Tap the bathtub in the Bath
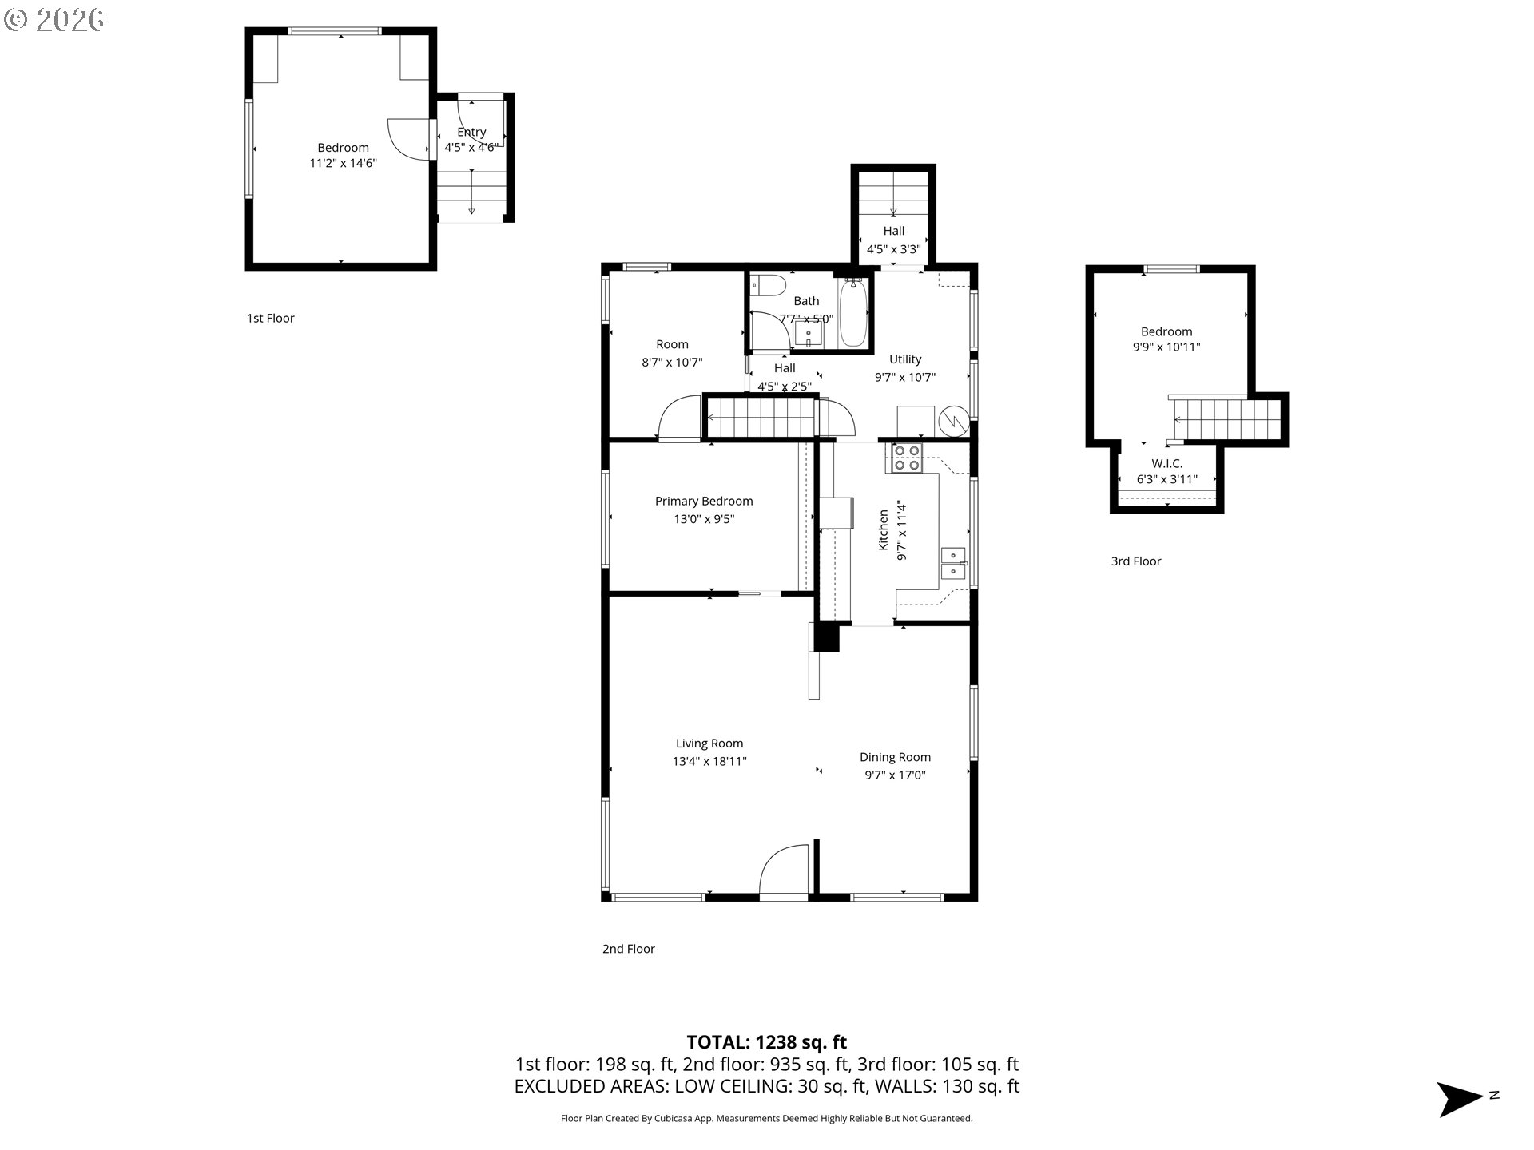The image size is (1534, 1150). pos(852,312)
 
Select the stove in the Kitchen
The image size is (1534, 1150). pos(907,458)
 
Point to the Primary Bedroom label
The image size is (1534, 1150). pos(704,502)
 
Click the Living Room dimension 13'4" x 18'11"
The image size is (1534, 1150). pos(709,761)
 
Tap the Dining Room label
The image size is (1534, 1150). pos(895,757)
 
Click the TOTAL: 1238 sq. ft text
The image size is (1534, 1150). pos(767,1042)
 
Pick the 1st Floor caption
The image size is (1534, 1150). pos(271,318)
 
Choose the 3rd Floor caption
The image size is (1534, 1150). pos(1136,561)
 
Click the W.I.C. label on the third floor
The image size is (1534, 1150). pos(1166,463)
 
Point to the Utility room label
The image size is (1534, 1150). pos(905,359)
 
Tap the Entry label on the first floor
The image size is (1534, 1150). pos(471,132)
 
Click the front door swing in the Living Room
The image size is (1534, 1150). pos(784,871)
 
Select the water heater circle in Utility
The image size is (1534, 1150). pos(954,420)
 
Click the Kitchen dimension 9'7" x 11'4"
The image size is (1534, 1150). pos(902,530)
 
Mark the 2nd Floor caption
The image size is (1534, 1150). pos(629,949)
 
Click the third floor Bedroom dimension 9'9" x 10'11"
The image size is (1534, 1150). pos(1166,347)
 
